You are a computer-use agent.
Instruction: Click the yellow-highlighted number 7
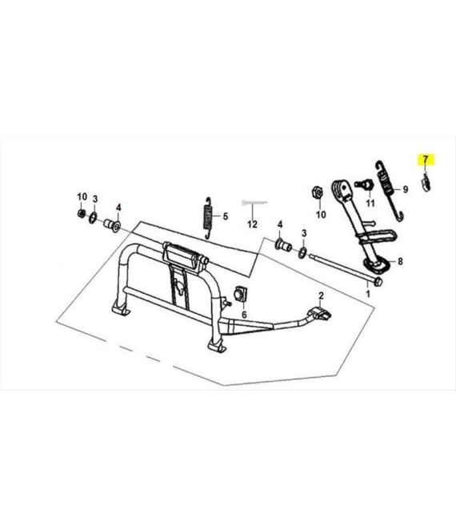coord(426,159)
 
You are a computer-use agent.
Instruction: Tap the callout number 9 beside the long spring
coord(405,189)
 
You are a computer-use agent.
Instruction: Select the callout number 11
coord(370,204)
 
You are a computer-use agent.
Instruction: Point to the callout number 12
coord(252,224)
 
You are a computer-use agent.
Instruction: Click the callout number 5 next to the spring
coord(226,216)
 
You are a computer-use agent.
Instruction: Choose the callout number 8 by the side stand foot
coord(400,261)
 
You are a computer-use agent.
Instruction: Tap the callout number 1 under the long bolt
coord(368,294)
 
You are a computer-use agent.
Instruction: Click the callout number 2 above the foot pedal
coord(321,295)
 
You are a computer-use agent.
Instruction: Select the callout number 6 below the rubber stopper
coord(244,315)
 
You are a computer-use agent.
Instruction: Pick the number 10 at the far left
coord(82,196)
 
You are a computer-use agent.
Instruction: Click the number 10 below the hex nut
coord(321,214)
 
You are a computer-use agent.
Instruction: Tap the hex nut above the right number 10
coord(318,192)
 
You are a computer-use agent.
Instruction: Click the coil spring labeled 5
coord(209,218)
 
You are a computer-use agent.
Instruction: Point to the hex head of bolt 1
coord(378,282)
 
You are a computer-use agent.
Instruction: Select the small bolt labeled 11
coord(364,184)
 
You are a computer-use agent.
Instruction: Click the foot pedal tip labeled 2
coord(320,313)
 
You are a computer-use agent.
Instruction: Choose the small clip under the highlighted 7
coord(426,183)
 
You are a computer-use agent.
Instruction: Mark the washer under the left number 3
coord(93,218)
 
